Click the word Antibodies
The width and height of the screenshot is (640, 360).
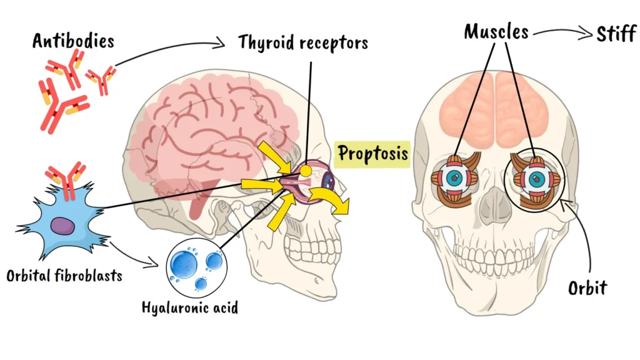coord(73,41)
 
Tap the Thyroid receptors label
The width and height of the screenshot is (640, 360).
coord(303,42)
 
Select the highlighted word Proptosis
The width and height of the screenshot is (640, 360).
coord(374,153)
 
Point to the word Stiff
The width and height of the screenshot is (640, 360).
coord(616,33)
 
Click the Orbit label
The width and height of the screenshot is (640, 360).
coord(587,288)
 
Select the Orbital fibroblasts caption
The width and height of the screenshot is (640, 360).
coord(64,275)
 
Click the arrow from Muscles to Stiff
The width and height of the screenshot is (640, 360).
coord(559,33)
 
